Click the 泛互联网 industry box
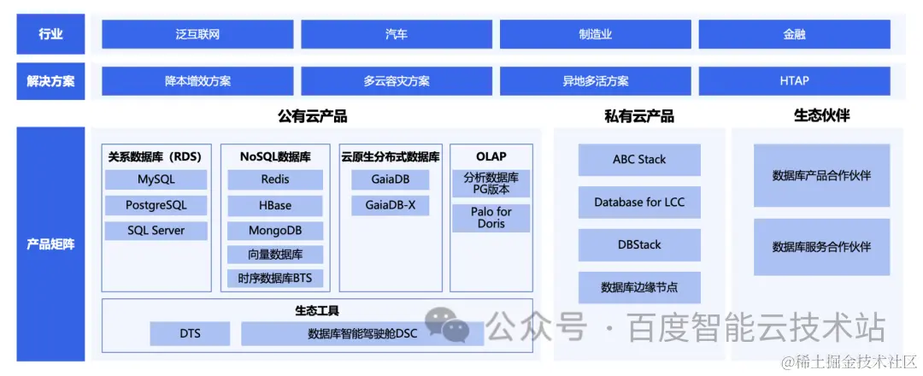[197, 35]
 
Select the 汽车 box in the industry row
[397, 35]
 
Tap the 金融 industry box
[794, 35]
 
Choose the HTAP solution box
[794, 81]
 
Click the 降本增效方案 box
[197, 81]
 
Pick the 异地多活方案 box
[596, 81]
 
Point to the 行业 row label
[50, 35]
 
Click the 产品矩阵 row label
[50, 244]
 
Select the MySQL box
[156, 179]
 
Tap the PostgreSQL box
[156, 205]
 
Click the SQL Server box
[156, 231]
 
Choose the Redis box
[275, 179]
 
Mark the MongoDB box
[275, 231]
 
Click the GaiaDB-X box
[390, 205]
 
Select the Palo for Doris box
[491, 218]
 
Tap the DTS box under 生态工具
[190, 333]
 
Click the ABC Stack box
[639, 160]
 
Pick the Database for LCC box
[639, 203]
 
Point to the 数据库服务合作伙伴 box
[821, 247]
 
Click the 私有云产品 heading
[638, 116]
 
